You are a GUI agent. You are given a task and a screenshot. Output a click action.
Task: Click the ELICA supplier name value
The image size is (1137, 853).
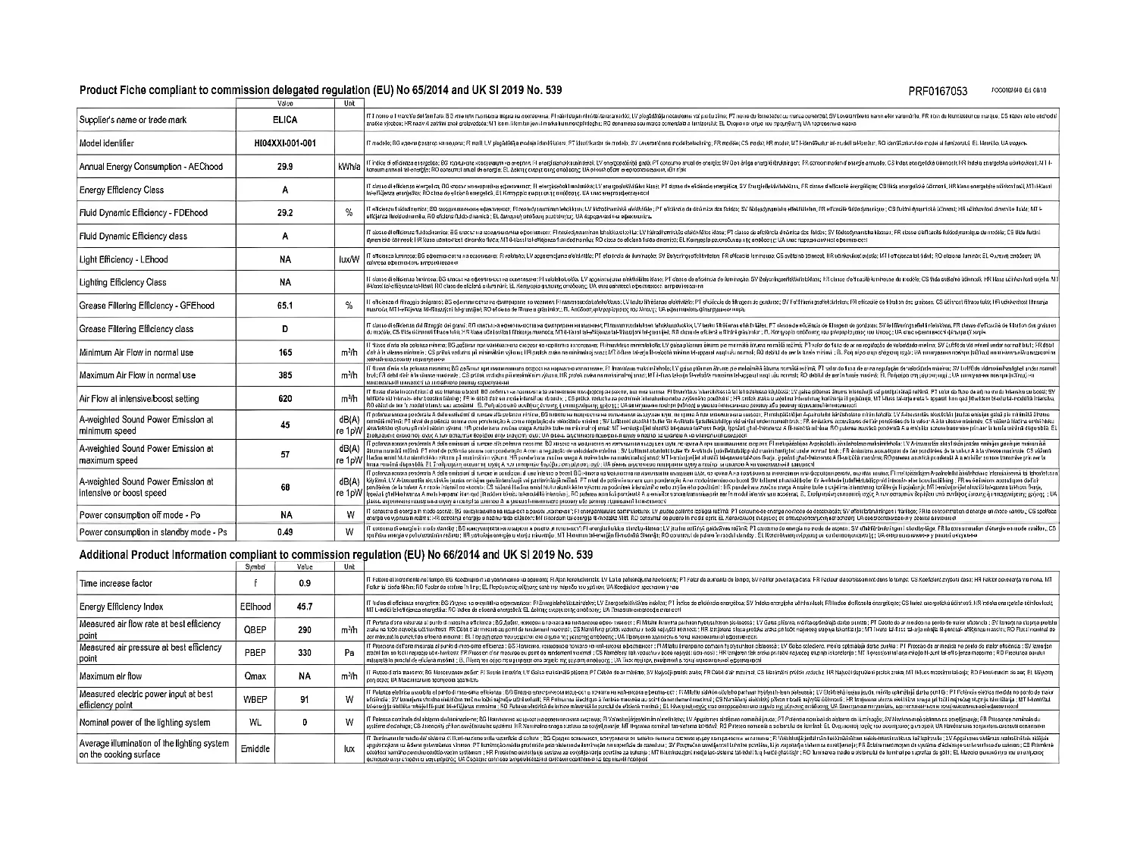click(285, 120)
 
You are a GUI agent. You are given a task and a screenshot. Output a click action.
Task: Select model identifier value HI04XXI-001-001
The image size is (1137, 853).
click(285, 143)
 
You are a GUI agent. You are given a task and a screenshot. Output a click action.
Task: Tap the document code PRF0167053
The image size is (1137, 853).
click(938, 92)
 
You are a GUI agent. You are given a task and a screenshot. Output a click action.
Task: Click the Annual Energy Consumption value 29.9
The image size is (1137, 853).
click(285, 166)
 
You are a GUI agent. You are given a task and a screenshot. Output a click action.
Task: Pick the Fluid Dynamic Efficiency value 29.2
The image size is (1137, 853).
click(285, 213)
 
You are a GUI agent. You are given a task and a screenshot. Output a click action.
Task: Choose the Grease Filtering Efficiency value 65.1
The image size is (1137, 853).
click(285, 306)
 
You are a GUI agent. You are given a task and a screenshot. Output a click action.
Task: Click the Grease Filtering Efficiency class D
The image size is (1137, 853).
click(285, 329)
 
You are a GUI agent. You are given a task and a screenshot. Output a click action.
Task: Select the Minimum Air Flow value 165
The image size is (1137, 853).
click(285, 353)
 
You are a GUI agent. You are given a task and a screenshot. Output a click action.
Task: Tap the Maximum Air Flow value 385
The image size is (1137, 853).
click(285, 375)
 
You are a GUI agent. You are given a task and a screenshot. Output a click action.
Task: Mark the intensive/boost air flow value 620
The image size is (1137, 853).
click(285, 399)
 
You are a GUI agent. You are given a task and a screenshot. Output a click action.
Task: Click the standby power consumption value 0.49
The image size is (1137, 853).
click(285, 532)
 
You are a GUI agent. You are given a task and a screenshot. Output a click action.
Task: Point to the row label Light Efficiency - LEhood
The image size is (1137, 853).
click(124, 259)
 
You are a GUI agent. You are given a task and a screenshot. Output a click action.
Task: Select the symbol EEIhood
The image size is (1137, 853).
click(255, 607)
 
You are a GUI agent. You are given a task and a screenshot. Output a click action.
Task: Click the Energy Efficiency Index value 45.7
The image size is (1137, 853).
click(305, 607)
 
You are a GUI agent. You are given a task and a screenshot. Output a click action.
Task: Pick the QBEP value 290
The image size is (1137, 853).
click(305, 630)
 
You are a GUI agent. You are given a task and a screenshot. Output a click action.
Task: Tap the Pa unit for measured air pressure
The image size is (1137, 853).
click(349, 653)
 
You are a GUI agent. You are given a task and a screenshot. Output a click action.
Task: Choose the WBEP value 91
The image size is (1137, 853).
click(305, 699)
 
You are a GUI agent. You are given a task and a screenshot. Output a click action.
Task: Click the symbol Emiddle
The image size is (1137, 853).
click(255, 748)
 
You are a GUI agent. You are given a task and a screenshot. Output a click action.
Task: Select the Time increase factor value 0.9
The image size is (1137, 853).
click(305, 583)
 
